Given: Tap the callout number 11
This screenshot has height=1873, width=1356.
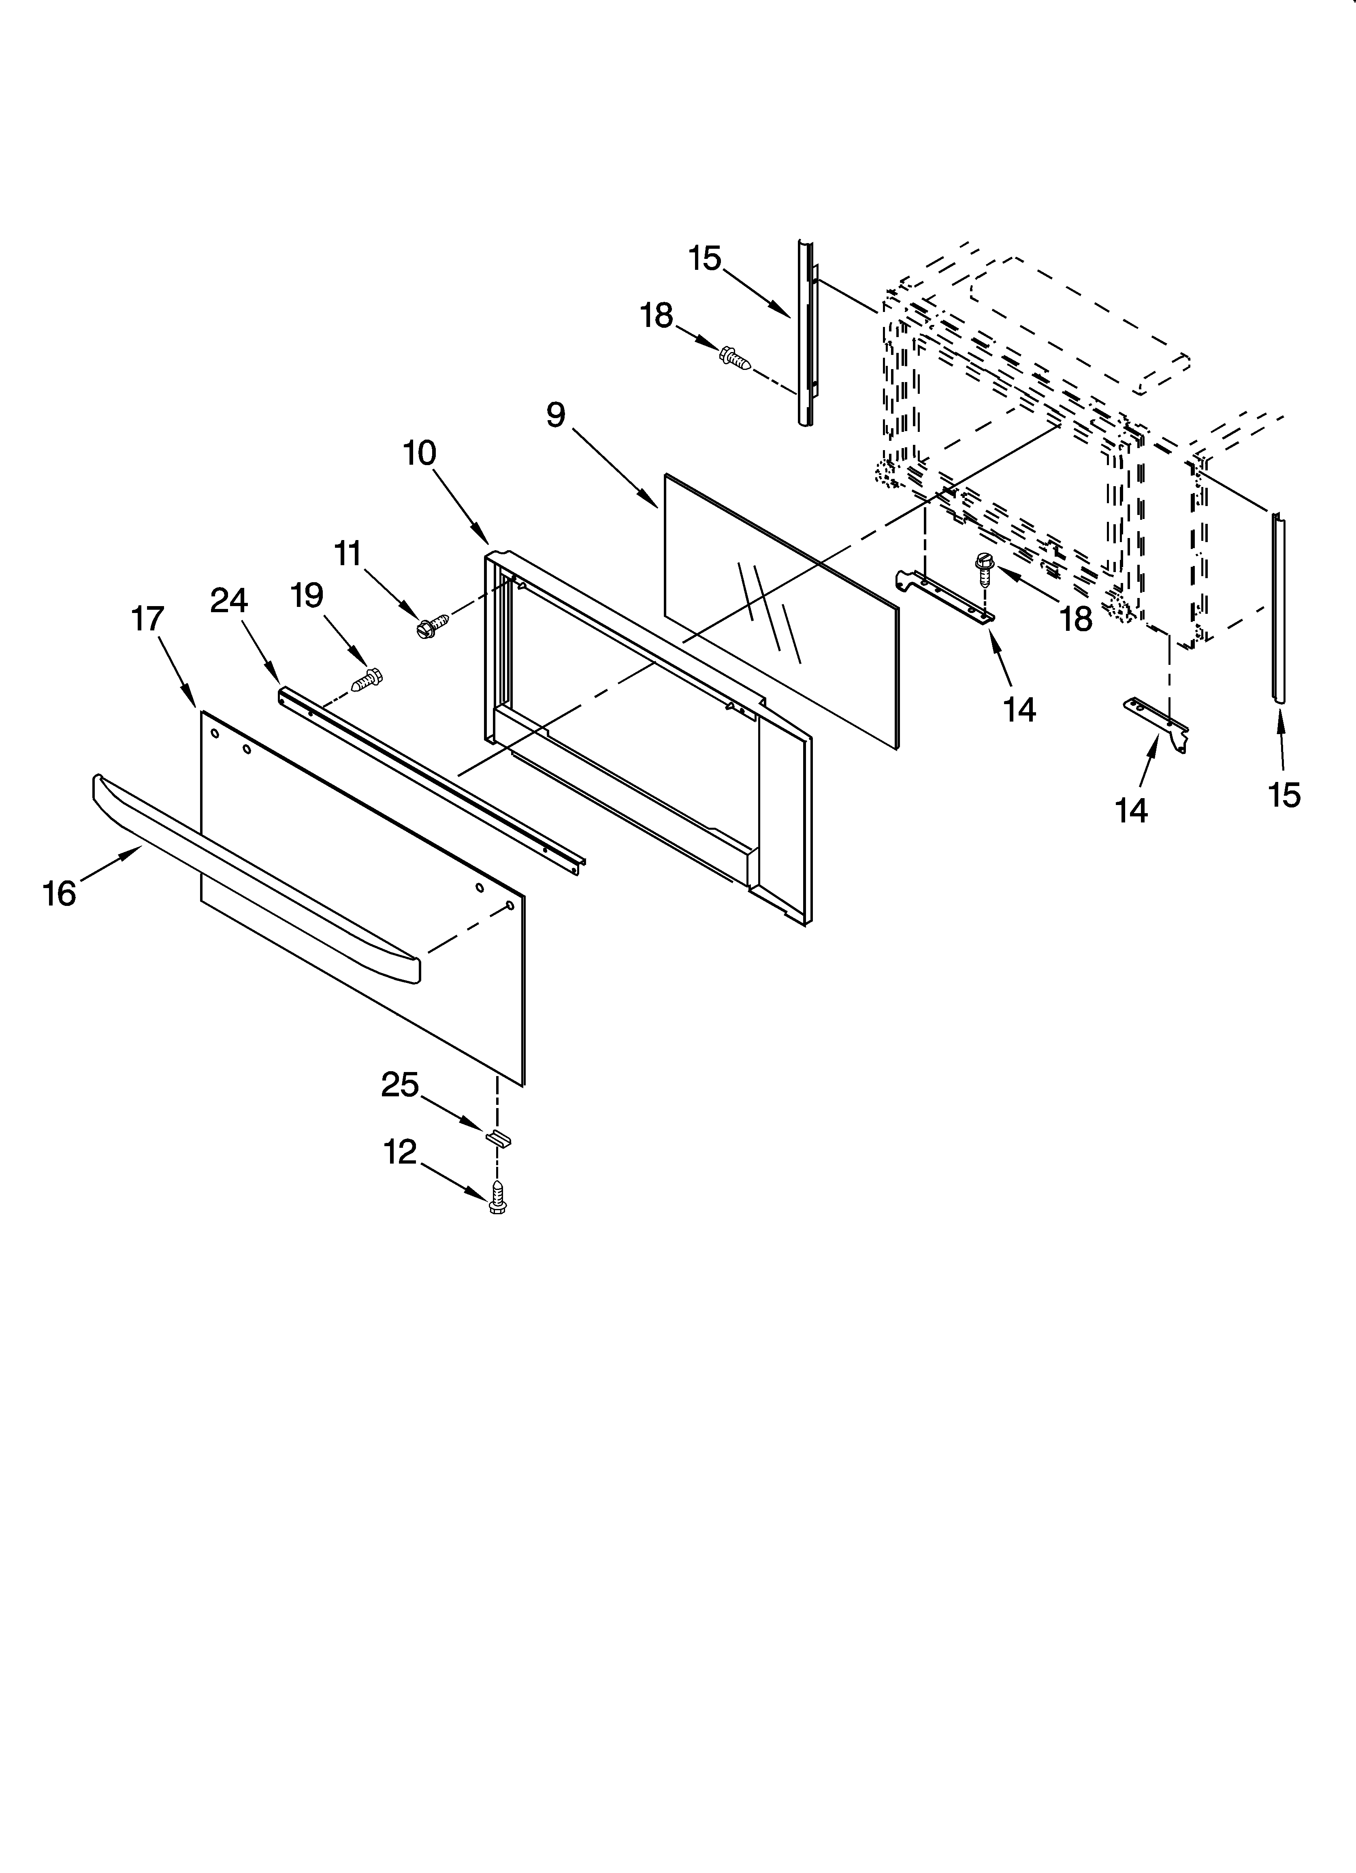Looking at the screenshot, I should pos(348,553).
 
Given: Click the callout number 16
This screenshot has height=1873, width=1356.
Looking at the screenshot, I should pos(60,894).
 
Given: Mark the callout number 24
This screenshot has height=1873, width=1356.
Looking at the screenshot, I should pos(229,600).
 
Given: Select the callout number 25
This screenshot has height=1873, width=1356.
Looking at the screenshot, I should pos(400,1084).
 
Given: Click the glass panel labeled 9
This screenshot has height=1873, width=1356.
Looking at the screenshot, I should pos(780,611).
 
